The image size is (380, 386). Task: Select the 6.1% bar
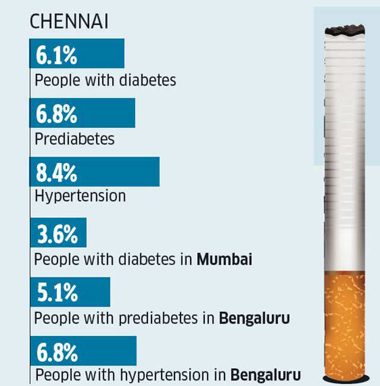(77, 54)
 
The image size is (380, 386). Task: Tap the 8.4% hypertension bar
(94, 172)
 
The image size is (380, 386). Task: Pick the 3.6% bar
(58, 233)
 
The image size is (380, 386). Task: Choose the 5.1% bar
(69, 292)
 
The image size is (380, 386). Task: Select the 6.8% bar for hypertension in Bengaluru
(83, 350)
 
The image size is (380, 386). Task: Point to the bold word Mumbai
(224, 260)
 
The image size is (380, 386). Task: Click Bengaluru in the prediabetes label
(255, 318)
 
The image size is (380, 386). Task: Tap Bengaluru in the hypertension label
(265, 375)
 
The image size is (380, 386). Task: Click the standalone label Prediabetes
(74, 139)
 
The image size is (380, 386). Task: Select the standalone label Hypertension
(80, 196)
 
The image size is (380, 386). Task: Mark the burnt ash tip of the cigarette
(344, 30)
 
